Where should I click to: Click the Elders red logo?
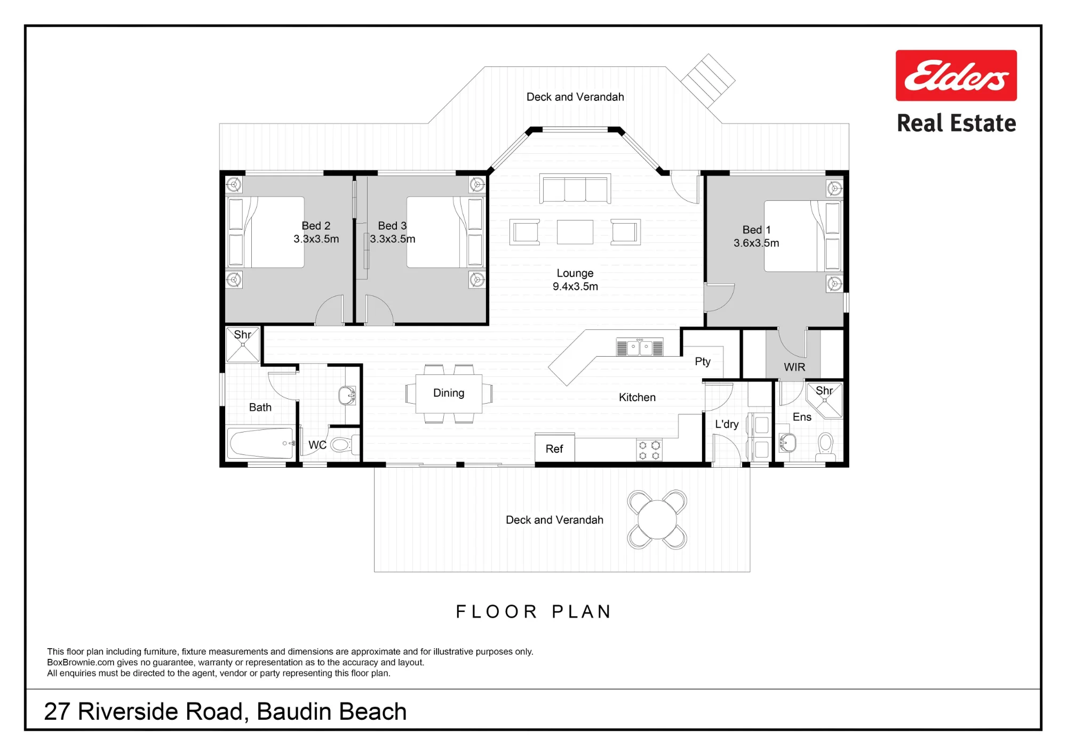coord(956,75)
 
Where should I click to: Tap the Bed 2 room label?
coord(316,226)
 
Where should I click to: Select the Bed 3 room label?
coord(392,226)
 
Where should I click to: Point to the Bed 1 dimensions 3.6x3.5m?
coord(756,243)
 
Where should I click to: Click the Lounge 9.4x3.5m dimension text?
coord(575,286)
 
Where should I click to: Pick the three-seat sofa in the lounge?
coord(575,188)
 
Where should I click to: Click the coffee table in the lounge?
coord(575,232)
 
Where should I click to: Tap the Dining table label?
coord(449,393)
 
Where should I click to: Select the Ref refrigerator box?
coord(555,448)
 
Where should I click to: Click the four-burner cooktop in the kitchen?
coord(649,450)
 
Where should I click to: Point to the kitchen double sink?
coord(640,347)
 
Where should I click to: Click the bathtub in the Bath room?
coord(261,443)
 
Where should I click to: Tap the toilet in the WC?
coord(343,444)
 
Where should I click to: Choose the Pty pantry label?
coord(703,361)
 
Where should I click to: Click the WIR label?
coord(794,367)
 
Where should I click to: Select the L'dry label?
coord(727,424)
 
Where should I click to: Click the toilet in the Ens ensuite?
coord(825,446)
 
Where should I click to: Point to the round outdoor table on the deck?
coord(657,520)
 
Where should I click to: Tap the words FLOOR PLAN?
coord(533,611)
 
